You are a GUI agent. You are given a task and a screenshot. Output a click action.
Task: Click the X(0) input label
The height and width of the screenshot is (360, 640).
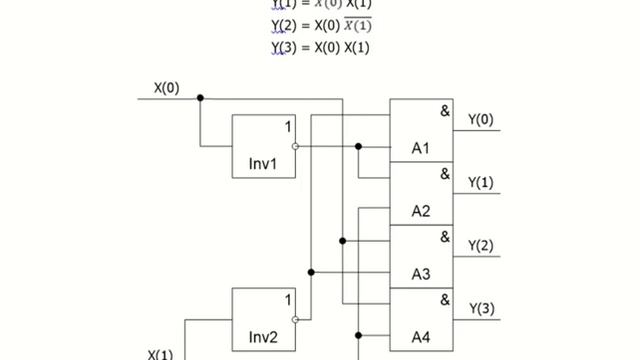click(167, 88)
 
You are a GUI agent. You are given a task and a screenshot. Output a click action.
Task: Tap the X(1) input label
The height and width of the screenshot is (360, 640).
click(161, 354)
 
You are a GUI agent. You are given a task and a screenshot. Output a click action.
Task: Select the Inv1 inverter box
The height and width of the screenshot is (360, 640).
click(264, 146)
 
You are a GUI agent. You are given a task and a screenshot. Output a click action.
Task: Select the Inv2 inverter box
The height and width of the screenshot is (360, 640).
click(264, 319)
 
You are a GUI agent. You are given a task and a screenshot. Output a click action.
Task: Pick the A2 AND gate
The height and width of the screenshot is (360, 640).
click(421, 194)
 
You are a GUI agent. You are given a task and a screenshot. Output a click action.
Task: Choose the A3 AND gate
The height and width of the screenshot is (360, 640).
click(421, 256)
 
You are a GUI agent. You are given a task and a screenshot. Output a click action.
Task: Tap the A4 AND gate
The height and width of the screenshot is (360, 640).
click(421, 319)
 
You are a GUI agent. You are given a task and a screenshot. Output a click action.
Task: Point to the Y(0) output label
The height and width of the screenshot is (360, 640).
click(481, 120)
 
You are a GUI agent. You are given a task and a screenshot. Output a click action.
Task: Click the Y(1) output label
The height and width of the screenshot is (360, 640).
click(481, 182)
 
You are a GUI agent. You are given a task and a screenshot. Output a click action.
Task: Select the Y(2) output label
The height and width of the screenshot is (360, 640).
click(481, 245)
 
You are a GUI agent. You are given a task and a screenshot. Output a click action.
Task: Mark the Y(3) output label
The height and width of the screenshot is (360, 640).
click(481, 308)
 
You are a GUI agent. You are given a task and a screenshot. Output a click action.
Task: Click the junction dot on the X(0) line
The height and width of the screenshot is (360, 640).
click(201, 98)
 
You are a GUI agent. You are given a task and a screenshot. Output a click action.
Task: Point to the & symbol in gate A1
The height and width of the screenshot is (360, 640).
click(444, 111)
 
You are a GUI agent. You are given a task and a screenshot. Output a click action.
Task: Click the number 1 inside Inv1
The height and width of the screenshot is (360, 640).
click(287, 127)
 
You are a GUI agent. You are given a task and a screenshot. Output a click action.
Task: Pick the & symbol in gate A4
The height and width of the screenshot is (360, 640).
click(444, 299)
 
